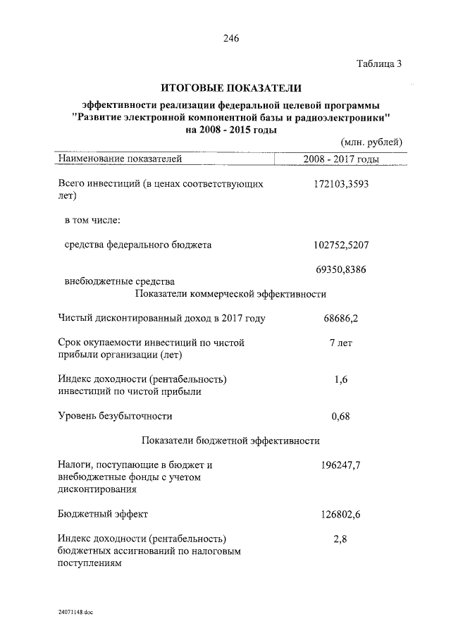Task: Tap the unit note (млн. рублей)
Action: pyautogui.click(x=371, y=142)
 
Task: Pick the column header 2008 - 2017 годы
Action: pyautogui.click(x=342, y=159)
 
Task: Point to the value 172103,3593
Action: pyautogui.click(x=341, y=185)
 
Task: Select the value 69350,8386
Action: pyautogui.click(x=341, y=270)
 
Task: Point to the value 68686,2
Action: pyautogui.click(x=341, y=319)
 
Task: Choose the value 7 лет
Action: pyautogui.click(x=341, y=343)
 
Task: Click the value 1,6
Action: pyautogui.click(x=341, y=380)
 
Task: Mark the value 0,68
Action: pyautogui.click(x=341, y=416)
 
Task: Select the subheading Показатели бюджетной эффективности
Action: pyautogui.click(x=231, y=441)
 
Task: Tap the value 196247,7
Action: pyautogui.click(x=341, y=465)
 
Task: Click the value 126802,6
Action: pyautogui.click(x=341, y=515)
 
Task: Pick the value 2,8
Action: pyautogui.click(x=341, y=539)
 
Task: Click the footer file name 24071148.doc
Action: pyautogui.click(x=76, y=612)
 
